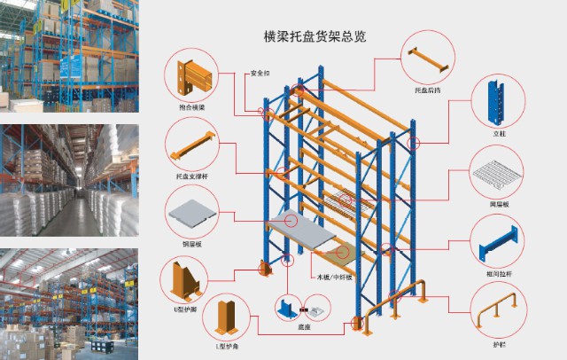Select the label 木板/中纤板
(x=336, y=277)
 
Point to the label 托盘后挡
(x=427, y=90)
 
